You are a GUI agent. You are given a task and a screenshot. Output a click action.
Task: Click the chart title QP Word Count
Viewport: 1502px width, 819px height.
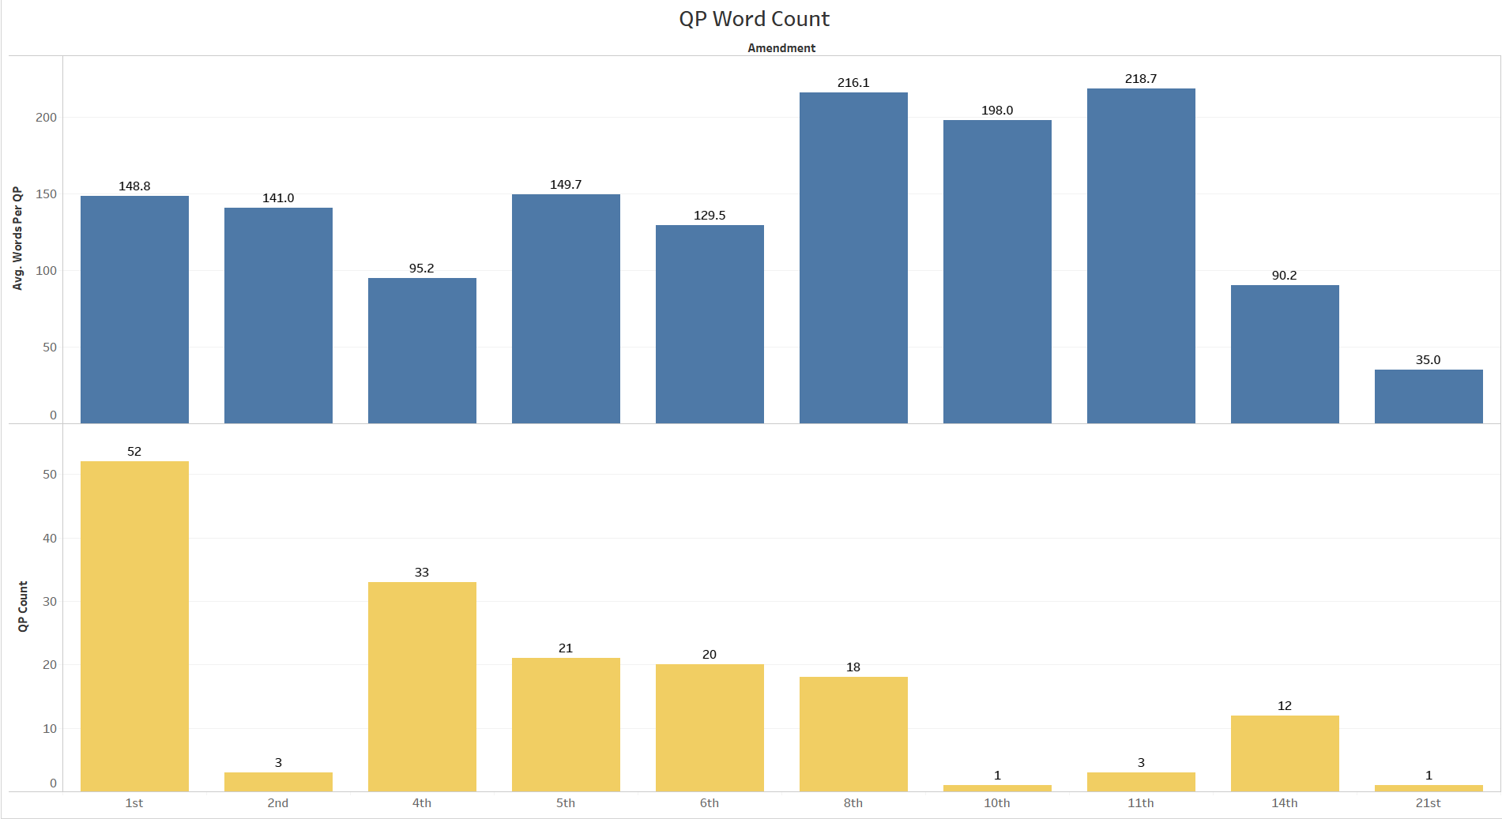click(x=754, y=19)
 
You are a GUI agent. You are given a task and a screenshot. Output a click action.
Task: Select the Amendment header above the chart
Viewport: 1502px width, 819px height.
click(x=781, y=48)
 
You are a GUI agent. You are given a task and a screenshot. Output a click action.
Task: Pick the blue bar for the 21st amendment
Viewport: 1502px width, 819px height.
click(x=1428, y=396)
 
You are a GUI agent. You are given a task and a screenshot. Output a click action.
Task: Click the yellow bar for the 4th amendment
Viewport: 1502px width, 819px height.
click(x=422, y=686)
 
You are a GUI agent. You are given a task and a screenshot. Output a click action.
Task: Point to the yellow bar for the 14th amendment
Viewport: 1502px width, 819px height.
click(x=1285, y=753)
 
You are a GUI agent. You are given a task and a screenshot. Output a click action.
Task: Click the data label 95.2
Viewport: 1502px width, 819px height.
click(x=421, y=269)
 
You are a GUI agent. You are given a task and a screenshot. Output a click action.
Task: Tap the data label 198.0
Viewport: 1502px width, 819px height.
click(x=996, y=111)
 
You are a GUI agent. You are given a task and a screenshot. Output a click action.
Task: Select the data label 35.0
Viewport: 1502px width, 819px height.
click(x=1428, y=360)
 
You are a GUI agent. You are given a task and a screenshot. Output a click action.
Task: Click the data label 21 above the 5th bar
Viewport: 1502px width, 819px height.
click(x=565, y=648)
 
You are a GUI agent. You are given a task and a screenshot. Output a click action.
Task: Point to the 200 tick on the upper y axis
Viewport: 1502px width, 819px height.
click(x=46, y=118)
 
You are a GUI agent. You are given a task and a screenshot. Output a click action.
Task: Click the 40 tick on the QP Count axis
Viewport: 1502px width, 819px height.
click(x=50, y=539)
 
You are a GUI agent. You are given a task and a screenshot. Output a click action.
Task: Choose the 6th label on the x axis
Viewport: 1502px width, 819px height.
click(x=709, y=803)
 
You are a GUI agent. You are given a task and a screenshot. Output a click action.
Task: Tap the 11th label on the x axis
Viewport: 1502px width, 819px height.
click(x=1140, y=803)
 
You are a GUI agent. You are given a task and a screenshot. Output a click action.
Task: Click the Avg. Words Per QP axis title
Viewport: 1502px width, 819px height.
click(x=17, y=239)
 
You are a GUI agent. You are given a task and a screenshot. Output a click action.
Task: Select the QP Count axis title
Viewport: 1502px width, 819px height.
click(x=23, y=607)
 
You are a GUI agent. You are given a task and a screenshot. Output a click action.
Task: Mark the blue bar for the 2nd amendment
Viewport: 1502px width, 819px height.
click(x=278, y=315)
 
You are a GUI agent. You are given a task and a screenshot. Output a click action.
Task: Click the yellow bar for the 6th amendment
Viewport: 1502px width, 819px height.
click(x=710, y=727)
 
